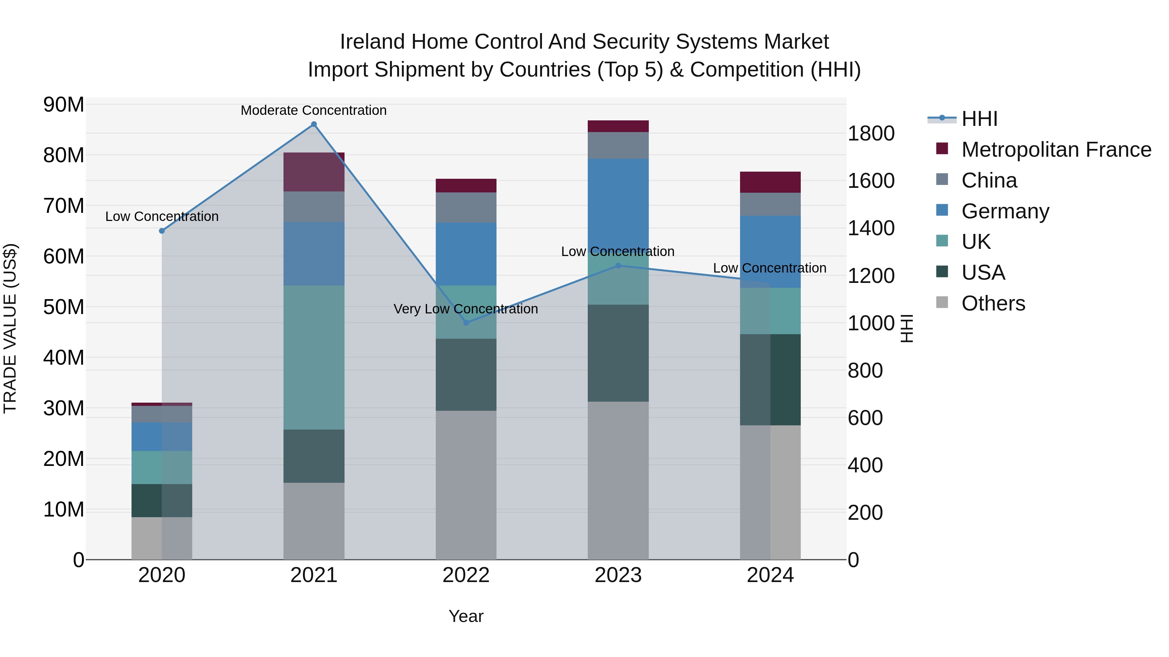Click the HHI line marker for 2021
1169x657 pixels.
pos(314,124)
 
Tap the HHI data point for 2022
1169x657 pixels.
pos(466,322)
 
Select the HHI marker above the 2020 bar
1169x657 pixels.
pos(162,231)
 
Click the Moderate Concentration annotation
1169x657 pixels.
pos(314,110)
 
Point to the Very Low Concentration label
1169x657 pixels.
pos(466,309)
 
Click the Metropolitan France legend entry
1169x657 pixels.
pos(1056,150)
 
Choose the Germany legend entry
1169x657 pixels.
pos(1005,211)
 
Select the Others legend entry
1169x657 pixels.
pos(993,303)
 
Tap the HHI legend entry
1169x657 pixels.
pos(979,119)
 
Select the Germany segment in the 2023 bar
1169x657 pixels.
pos(618,204)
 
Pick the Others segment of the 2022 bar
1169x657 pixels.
pos(466,485)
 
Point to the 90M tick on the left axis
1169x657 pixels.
pos(64,105)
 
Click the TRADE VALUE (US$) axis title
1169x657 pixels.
pos(10,328)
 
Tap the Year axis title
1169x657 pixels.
pos(466,616)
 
